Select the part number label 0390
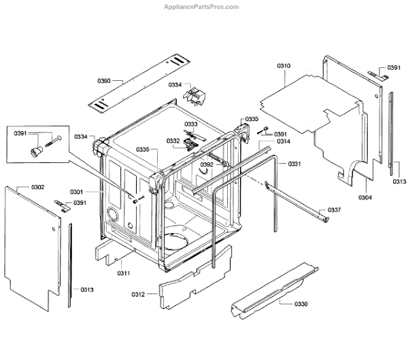(104, 81)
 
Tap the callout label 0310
(284, 66)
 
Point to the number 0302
(37, 187)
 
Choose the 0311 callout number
(123, 273)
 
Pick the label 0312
(139, 294)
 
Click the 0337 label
(335, 210)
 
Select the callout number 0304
(365, 198)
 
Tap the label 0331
(294, 164)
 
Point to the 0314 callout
(284, 141)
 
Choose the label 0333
(191, 124)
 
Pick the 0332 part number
(173, 141)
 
